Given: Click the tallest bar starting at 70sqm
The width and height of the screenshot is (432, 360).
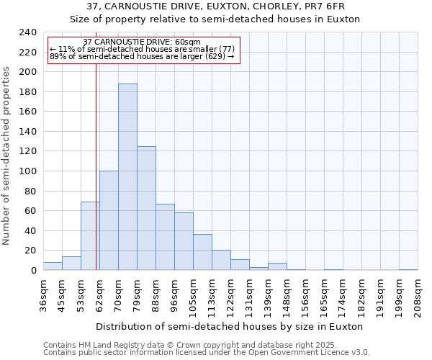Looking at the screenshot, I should [x=127, y=177].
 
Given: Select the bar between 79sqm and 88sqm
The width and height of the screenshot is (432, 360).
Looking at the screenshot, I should [x=146, y=208].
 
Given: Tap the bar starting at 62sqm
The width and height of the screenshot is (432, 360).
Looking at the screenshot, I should [x=109, y=220].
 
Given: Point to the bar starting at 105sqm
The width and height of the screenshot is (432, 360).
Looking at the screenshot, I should [x=202, y=252].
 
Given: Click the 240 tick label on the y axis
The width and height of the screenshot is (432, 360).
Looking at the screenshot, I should [x=27, y=32].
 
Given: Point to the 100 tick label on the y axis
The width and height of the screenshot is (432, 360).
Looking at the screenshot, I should [x=27, y=171].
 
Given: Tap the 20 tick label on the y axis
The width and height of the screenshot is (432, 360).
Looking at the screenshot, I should [x=30, y=251].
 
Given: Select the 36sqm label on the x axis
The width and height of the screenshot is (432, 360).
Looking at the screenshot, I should [x=43, y=295].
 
